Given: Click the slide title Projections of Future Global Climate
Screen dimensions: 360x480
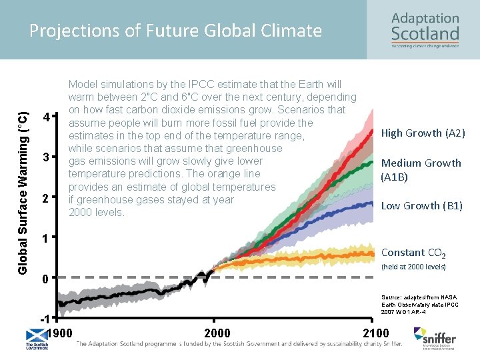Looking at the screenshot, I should [176, 31].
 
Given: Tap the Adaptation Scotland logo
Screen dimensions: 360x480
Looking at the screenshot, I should [425, 31].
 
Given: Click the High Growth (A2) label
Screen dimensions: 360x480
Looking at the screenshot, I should [423, 133].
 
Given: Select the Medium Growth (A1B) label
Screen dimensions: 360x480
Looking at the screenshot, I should [421, 170].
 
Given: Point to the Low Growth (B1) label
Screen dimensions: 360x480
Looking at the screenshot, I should [421, 206].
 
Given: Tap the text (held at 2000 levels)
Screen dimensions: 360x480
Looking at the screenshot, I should [413, 267].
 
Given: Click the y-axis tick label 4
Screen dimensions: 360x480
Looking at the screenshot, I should [45, 118].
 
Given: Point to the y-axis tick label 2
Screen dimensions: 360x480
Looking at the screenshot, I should [45, 199].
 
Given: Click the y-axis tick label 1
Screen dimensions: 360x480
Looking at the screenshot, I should [45, 239].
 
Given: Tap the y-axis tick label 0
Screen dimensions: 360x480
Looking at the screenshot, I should [45, 279].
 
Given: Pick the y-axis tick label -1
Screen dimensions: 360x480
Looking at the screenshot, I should [43, 318].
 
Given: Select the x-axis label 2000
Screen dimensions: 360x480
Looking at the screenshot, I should [217, 333].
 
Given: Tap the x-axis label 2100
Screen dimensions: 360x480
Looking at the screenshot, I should [375, 333].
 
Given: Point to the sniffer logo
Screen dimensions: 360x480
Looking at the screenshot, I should [435, 337].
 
